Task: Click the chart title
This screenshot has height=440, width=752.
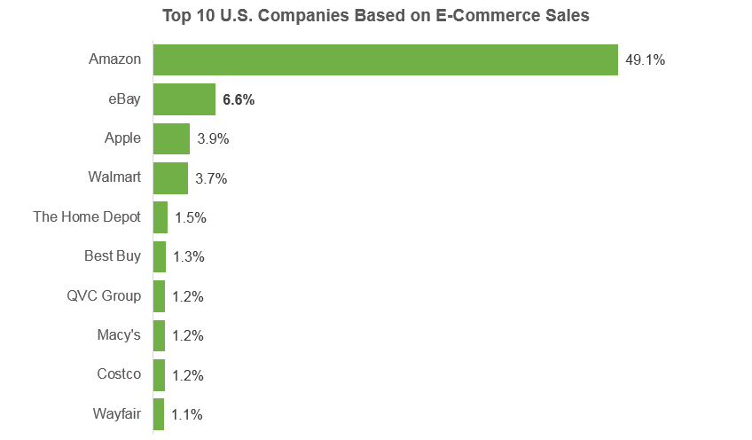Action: click(x=375, y=15)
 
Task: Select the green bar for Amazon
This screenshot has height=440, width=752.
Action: click(x=386, y=60)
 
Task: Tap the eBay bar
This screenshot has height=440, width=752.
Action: click(x=184, y=99)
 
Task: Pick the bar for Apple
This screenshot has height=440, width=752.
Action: click(x=171, y=138)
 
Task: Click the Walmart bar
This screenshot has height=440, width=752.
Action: click(x=170, y=178)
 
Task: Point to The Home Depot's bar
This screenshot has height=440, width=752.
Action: click(x=161, y=217)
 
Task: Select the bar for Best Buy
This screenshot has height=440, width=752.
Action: click(x=160, y=256)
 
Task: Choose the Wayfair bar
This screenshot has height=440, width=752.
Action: click(x=158, y=414)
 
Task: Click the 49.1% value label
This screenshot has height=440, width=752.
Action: click(x=645, y=60)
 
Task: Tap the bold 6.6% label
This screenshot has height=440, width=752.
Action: click(x=239, y=99)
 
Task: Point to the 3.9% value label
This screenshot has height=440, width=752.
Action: click(x=213, y=138)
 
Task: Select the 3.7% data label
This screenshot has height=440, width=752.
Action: click(x=211, y=178)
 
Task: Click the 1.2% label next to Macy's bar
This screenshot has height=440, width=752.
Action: click(x=187, y=336)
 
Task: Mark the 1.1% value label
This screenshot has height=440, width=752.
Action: click(x=186, y=414)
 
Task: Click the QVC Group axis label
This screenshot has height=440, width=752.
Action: click(x=104, y=295)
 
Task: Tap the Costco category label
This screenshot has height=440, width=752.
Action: click(x=119, y=373)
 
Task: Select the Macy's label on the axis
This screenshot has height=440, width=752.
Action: click(x=119, y=335)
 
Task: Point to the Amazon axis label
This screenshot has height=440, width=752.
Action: click(x=114, y=59)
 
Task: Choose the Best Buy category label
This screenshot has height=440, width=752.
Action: click(x=113, y=256)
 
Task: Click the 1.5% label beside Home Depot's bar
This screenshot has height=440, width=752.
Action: click(x=191, y=218)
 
